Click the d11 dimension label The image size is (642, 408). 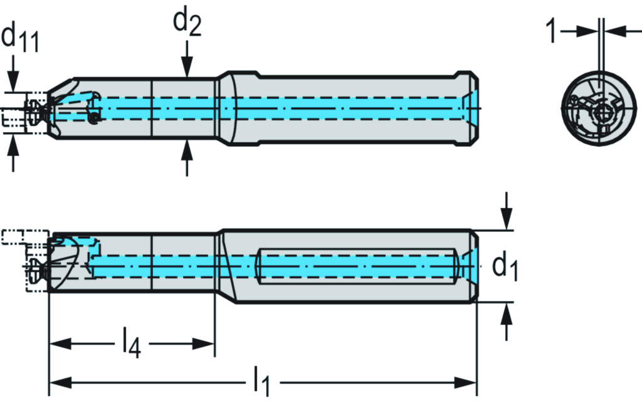(20, 38)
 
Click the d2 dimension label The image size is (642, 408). (187, 24)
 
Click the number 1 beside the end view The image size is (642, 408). (552, 31)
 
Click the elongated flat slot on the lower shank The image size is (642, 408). (357, 266)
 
